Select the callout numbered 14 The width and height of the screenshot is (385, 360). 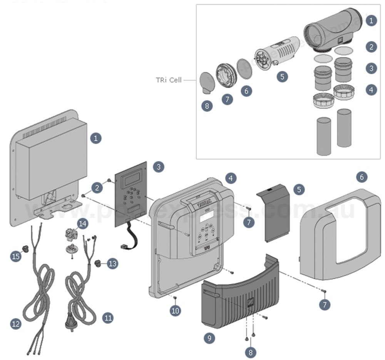click(82, 223)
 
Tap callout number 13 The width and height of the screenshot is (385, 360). click(112, 263)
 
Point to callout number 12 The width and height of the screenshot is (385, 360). click(16, 324)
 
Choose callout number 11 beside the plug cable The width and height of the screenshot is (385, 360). click(108, 318)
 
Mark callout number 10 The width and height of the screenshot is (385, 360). click(176, 310)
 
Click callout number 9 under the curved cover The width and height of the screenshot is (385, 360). click(209, 338)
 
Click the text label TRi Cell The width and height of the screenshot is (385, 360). click(168, 81)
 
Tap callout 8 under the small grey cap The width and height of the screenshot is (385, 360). click(207, 106)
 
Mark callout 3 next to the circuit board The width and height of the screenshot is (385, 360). click(158, 167)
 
